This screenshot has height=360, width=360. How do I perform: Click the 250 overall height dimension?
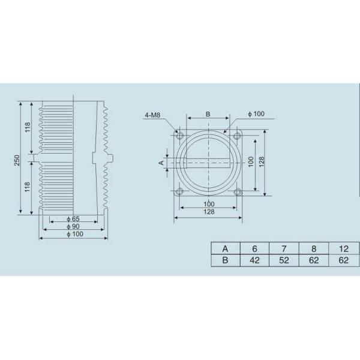point(17,160)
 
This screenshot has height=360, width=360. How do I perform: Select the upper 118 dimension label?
point(28,127)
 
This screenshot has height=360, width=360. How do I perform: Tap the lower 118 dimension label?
point(28,187)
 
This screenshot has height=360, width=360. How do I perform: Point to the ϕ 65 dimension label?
point(73,219)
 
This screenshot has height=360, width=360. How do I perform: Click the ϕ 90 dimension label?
point(73,226)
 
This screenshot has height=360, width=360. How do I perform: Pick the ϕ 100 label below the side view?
point(75,234)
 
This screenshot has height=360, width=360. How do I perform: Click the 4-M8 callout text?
point(152,115)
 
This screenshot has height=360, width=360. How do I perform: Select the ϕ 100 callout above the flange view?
point(256,113)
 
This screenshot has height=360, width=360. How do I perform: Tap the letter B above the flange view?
point(208,114)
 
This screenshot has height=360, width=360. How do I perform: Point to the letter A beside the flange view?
point(161,163)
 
